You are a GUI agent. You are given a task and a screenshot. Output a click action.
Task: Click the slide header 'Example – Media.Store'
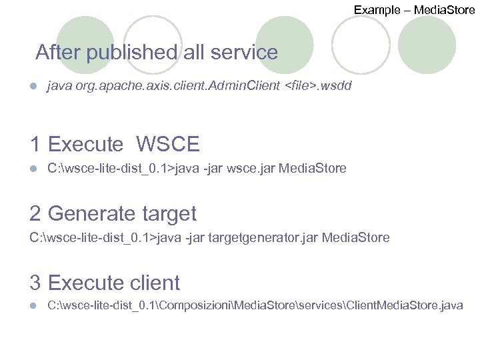[414, 9]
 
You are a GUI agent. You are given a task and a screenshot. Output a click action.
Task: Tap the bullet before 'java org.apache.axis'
[33, 87]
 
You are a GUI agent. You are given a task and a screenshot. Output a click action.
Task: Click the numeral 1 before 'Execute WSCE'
[36, 144]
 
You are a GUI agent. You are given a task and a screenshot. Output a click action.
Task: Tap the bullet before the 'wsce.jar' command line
[33, 169]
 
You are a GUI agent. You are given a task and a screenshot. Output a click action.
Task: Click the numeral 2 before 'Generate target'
[36, 214]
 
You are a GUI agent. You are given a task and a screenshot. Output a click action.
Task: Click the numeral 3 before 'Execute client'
[36, 283]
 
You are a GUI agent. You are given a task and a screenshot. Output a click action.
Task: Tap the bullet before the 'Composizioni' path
[33, 306]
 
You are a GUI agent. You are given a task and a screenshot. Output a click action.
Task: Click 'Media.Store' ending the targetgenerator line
[356, 237]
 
